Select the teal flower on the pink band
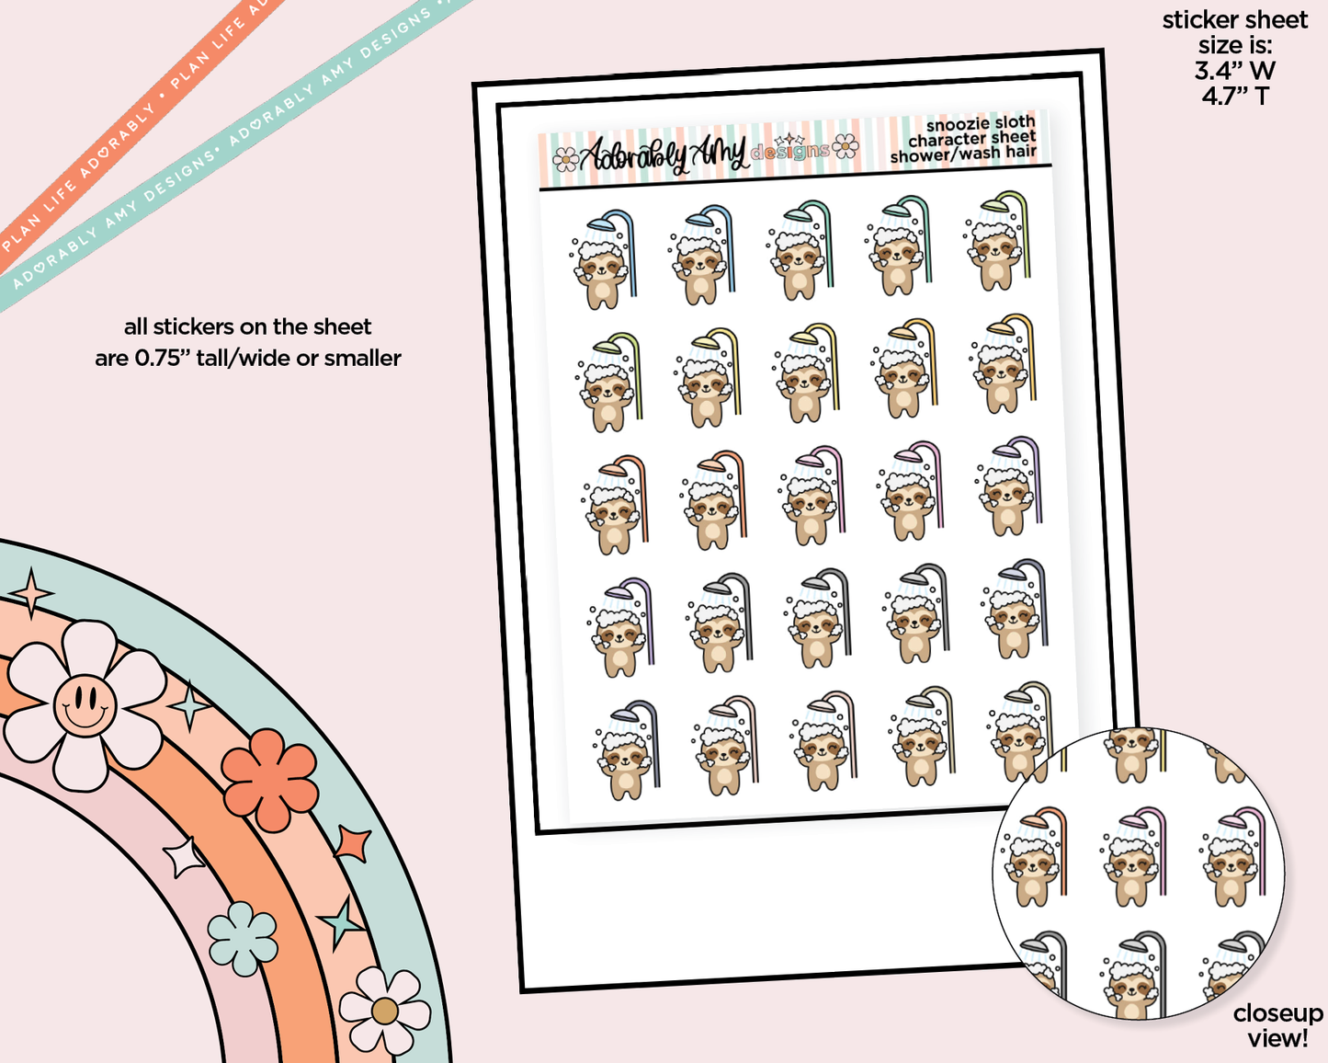coord(243,938)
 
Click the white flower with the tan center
coord(385,1011)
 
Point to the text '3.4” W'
coord(1234,70)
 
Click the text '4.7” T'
coord(1234,96)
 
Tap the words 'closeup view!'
coord(1277,1025)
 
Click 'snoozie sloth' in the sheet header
coord(980,124)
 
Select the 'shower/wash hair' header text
coord(962,154)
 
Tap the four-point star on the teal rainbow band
coord(32,593)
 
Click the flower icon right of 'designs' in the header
coord(846,145)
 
